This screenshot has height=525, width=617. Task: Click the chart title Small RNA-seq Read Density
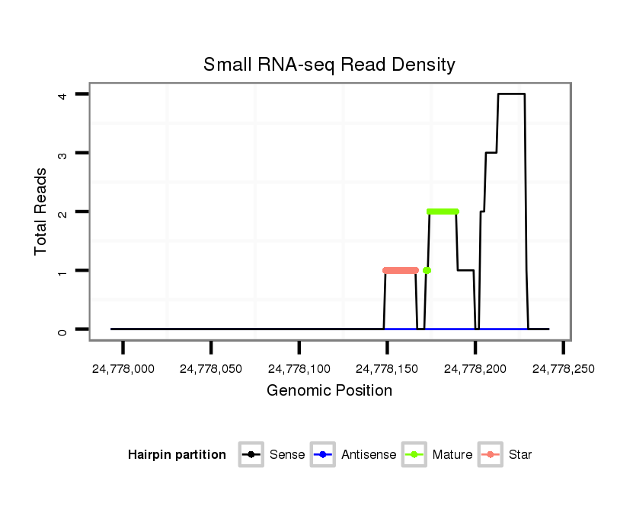click(329, 65)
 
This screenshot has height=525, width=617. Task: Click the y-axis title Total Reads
click(41, 211)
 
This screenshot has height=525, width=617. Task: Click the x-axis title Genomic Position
click(329, 391)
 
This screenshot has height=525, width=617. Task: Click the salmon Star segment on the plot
click(401, 270)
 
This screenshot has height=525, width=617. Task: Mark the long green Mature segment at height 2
click(443, 212)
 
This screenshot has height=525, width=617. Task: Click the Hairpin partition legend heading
click(177, 455)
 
